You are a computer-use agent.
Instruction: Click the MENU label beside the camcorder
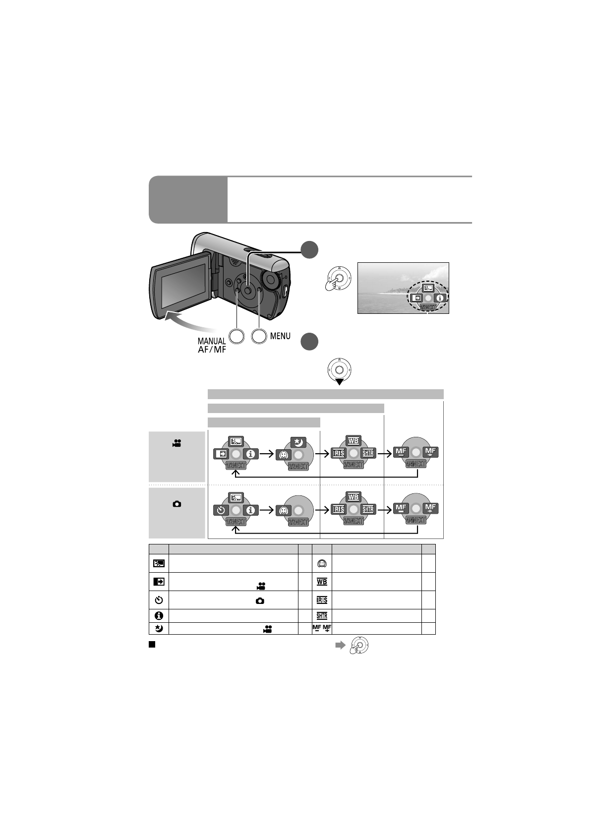[x=280, y=336]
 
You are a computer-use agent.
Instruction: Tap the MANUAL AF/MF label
[x=212, y=345]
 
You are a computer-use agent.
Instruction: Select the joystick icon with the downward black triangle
[x=339, y=372]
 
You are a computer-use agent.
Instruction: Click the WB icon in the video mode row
[x=354, y=441]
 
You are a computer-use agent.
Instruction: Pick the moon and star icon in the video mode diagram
[x=298, y=442]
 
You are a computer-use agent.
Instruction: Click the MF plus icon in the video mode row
[x=430, y=452]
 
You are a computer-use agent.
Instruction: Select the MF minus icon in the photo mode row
[x=401, y=509]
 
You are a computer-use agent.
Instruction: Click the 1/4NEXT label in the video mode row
[x=236, y=466]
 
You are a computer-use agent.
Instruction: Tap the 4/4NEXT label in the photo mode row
[x=416, y=520]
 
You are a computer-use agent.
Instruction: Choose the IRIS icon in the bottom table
[x=322, y=600]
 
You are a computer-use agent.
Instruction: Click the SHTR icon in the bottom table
[x=322, y=616]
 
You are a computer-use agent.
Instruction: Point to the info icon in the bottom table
[x=159, y=616]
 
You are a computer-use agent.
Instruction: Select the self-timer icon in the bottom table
[x=159, y=600]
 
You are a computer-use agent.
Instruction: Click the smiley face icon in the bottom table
[x=322, y=564]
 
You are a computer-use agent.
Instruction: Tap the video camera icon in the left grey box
[x=177, y=443]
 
